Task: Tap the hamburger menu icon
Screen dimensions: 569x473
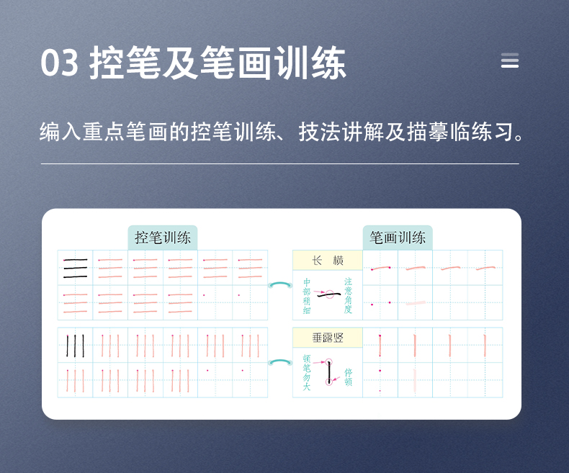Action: click(x=510, y=61)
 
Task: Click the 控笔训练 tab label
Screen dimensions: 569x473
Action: click(x=163, y=238)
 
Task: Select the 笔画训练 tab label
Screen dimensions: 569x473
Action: click(x=398, y=238)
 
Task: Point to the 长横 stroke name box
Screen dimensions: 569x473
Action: click(x=327, y=261)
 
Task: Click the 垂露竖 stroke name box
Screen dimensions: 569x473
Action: click(x=327, y=337)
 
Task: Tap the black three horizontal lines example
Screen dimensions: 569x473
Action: click(x=75, y=268)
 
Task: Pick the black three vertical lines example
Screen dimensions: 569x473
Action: click(x=75, y=346)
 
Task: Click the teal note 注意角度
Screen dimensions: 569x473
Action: click(x=348, y=295)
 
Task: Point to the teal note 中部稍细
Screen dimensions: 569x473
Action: click(x=307, y=296)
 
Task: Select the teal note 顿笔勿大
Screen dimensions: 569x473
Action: click(x=307, y=373)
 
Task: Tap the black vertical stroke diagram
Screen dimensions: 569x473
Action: click(x=329, y=371)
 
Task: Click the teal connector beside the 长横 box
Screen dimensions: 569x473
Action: click(x=279, y=285)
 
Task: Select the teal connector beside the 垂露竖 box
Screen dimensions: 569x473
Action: click(x=279, y=363)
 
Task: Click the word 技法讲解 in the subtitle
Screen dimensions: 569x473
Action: click(x=333, y=132)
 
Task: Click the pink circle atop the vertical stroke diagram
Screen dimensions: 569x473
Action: click(x=328, y=361)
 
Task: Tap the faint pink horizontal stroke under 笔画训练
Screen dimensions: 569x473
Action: click(x=416, y=303)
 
